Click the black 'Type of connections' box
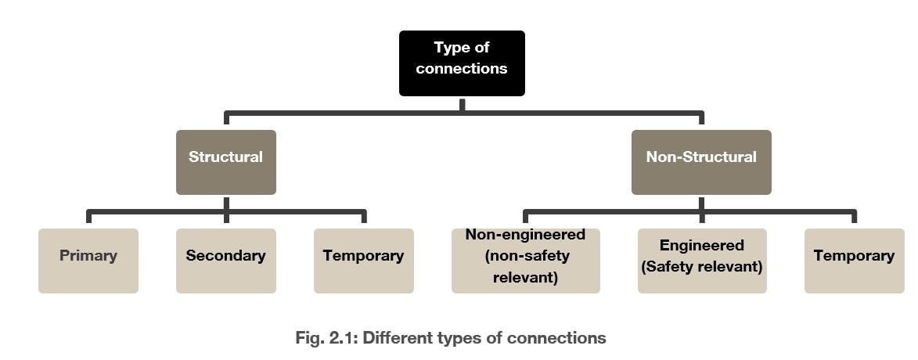pyautogui.click(x=462, y=63)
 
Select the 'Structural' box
pyautogui.click(x=225, y=162)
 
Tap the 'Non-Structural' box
pyautogui.click(x=701, y=162)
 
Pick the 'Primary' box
pyautogui.click(x=88, y=261)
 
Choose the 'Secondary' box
pyautogui.click(x=225, y=261)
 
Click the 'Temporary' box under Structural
pyautogui.click(x=363, y=261)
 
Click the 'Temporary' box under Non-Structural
pyautogui.click(x=854, y=261)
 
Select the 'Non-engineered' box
pyautogui.click(x=525, y=261)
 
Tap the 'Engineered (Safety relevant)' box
pyautogui.click(x=701, y=261)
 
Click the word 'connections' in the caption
pyautogui.click(x=556, y=338)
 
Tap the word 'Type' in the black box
pyautogui.click(x=452, y=48)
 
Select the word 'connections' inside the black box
pyautogui.click(x=462, y=69)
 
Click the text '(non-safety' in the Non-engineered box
pyautogui.click(x=527, y=256)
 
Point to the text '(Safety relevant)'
pyautogui.click(x=701, y=267)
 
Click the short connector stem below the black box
pyautogui.click(x=462, y=104)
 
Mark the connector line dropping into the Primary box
pyautogui.click(x=88, y=218)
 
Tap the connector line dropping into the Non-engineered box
pyautogui.click(x=525, y=218)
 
